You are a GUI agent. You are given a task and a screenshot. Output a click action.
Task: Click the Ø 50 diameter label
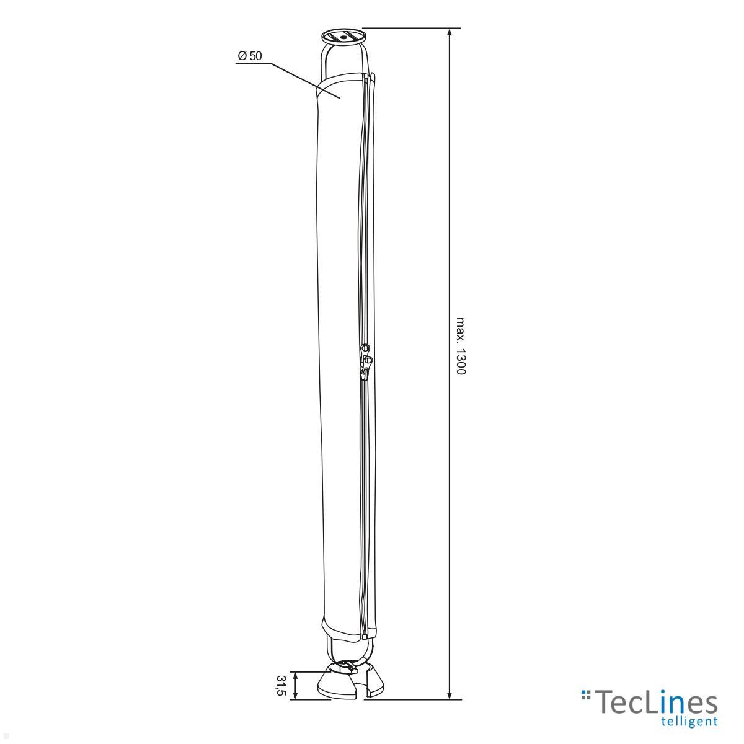pyautogui.click(x=249, y=56)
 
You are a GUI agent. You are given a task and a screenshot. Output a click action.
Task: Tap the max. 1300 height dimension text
pyautogui.click(x=460, y=347)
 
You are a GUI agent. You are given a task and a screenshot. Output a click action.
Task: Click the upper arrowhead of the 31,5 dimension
pyautogui.click(x=295, y=675)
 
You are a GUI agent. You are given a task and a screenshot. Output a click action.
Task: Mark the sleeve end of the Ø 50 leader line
pyautogui.click(x=339, y=97)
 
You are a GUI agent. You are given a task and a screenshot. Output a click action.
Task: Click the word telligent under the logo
pyautogui.click(x=689, y=721)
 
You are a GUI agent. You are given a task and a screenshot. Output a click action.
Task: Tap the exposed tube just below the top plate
pyautogui.click(x=343, y=59)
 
